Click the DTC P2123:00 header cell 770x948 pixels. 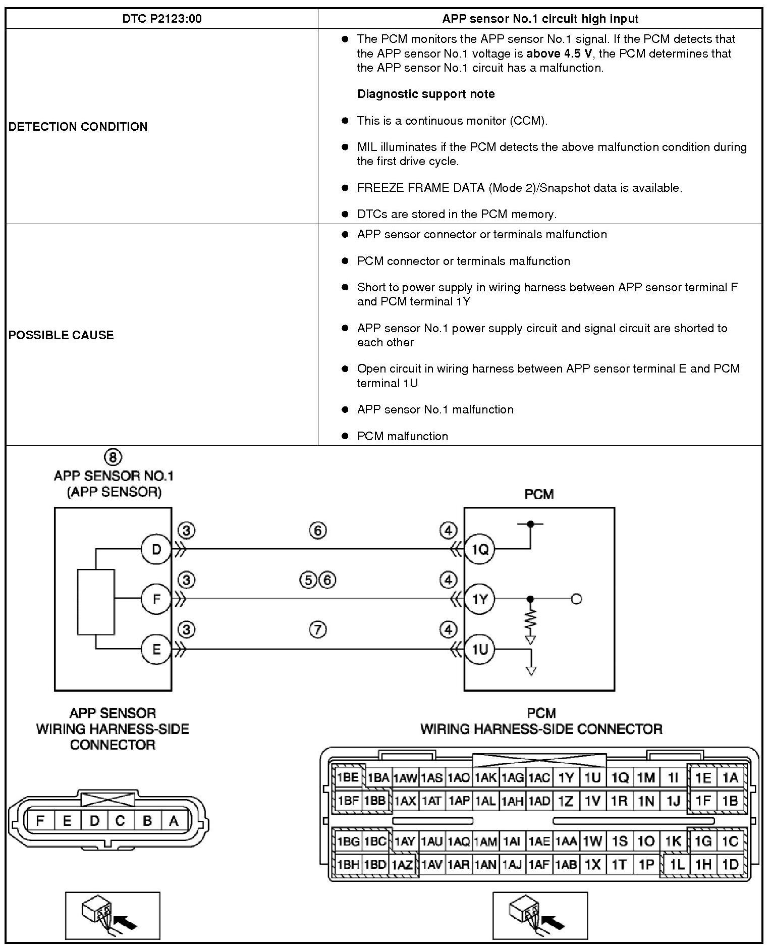click(161, 19)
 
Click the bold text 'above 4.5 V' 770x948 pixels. click(559, 54)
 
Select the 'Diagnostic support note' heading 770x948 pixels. click(426, 94)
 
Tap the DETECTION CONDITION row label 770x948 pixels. click(78, 126)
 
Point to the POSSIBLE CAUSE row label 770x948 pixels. click(61, 335)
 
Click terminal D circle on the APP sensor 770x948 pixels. click(156, 549)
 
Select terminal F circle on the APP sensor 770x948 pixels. click(156, 599)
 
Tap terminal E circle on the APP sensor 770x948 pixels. click(156, 649)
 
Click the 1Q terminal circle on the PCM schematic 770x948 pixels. click(479, 549)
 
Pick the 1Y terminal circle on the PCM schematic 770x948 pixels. click(479, 599)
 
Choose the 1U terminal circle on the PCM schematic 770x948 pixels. click(479, 649)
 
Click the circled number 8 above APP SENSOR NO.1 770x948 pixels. click(113, 457)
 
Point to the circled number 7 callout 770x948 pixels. click(317, 629)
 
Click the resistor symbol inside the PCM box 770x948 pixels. click(530, 619)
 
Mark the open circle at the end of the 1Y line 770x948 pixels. click(576, 599)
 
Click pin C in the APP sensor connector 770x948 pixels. click(120, 821)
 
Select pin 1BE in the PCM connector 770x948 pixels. click(348, 777)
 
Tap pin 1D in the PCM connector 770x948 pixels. click(730, 864)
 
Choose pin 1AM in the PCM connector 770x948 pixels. click(485, 841)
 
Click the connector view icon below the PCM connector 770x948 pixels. click(540, 915)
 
